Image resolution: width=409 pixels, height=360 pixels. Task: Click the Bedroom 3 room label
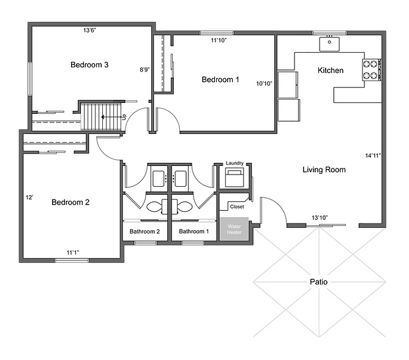[89, 65]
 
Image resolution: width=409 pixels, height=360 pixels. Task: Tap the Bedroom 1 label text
[220, 80]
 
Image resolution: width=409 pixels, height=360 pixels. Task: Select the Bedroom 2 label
[70, 202]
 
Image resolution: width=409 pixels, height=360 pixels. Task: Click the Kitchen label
[331, 70]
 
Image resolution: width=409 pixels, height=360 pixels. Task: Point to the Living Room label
[324, 170]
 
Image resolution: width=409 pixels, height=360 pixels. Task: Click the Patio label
[318, 282]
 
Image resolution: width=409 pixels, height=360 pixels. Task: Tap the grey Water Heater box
[235, 229]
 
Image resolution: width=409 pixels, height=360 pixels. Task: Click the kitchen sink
[329, 44]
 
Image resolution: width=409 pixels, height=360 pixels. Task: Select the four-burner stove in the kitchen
[370, 69]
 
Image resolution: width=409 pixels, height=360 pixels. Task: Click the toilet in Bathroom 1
[182, 207]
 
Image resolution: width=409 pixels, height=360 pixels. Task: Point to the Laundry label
[235, 163]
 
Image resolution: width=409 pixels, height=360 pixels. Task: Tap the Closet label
[237, 206]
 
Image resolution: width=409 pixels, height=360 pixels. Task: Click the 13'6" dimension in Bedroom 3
[90, 30]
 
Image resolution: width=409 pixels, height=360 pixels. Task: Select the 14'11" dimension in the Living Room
[373, 156]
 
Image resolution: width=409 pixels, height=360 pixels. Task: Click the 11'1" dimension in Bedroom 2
[73, 252]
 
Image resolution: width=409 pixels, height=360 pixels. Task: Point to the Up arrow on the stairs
[112, 117]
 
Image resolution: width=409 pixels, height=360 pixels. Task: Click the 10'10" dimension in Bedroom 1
[264, 83]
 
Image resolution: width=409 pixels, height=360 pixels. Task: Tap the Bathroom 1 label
[194, 231]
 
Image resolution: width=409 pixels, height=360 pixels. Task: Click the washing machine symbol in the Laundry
[235, 178]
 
